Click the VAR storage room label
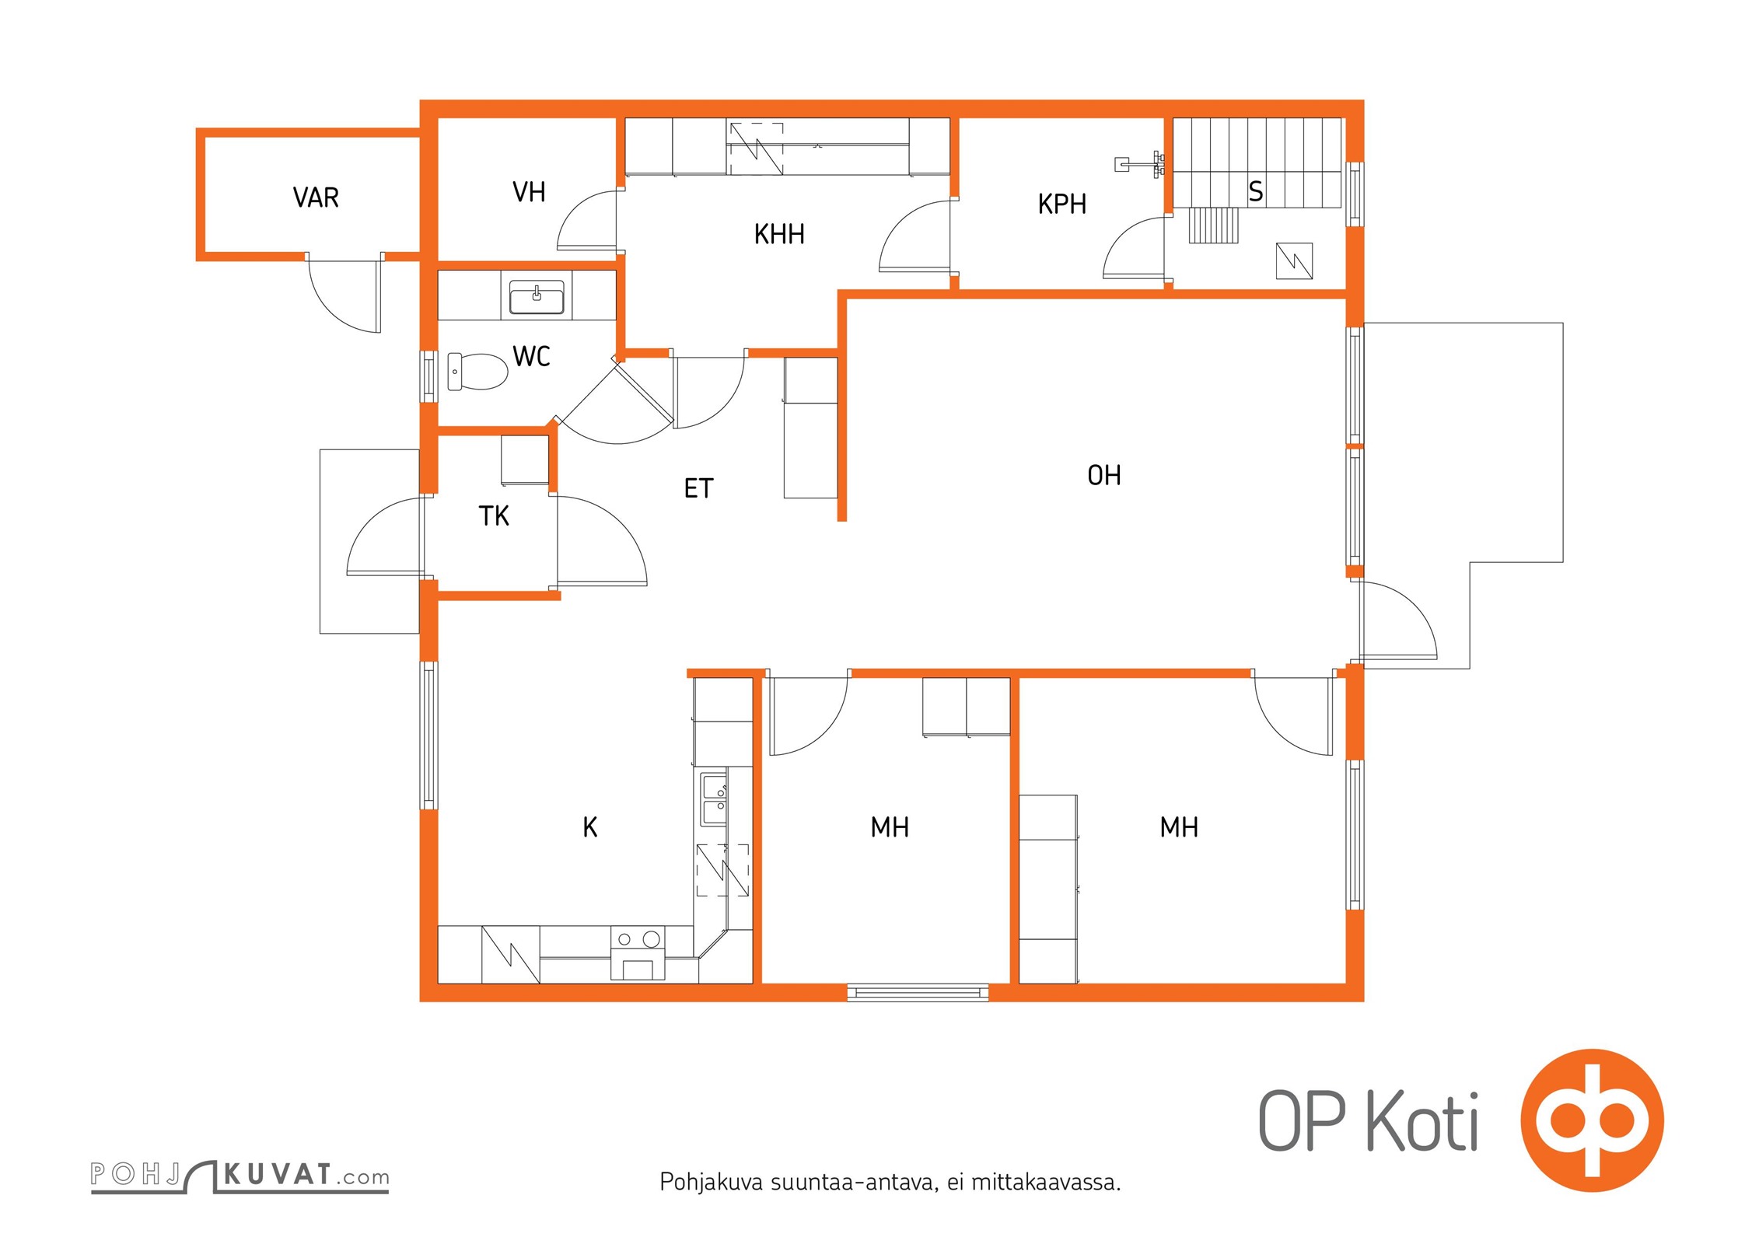tap(316, 197)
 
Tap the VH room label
tap(529, 192)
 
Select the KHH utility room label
tap(779, 234)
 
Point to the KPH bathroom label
tap(1062, 204)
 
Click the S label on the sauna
tap(1256, 191)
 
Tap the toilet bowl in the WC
tap(477, 372)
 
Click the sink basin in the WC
tap(537, 298)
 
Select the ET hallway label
tap(698, 488)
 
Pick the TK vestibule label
tap(494, 515)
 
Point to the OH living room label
tap(1104, 475)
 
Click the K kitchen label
tap(590, 827)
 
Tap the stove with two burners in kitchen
tap(638, 953)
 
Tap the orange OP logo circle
tap(1592, 1120)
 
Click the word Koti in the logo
tap(1422, 1121)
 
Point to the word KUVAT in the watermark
tap(278, 1174)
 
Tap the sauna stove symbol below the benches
tap(1295, 261)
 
